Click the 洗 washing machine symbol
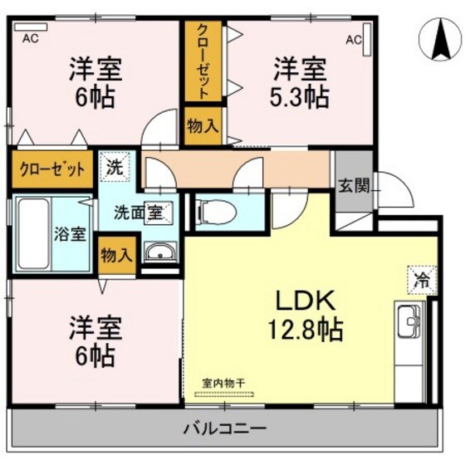coord(115,165)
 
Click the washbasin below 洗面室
coord(157,252)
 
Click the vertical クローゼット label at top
coord(203,61)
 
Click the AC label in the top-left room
coord(31,38)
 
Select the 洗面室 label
coord(138,212)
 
